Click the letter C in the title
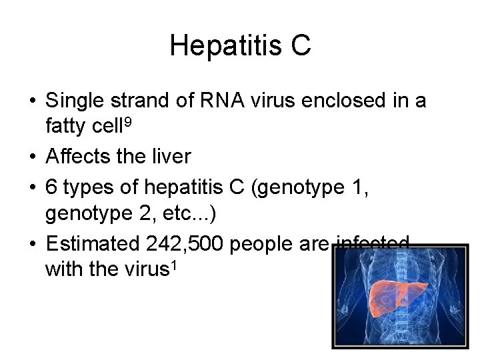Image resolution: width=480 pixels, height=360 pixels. point(301,46)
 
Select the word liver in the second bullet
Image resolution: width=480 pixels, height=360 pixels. point(171,157)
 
